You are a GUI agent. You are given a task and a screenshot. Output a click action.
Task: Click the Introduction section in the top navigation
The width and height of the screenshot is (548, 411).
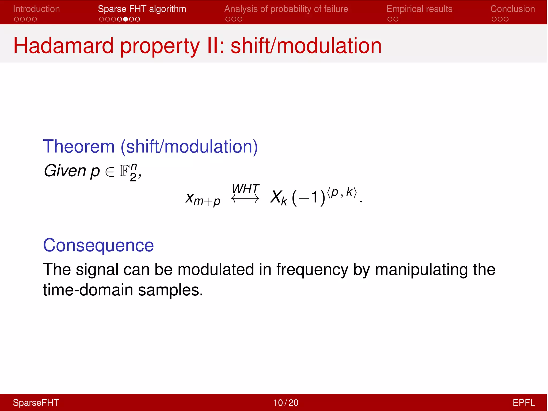tap(36, 9)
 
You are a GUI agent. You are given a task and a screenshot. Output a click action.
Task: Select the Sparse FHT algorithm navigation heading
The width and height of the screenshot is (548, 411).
tap(142, 9)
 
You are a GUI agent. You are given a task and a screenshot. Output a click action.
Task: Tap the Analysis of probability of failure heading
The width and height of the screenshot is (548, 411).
tap(286, 9)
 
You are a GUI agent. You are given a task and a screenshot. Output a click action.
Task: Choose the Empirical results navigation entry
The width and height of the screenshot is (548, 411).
tap(419, 9)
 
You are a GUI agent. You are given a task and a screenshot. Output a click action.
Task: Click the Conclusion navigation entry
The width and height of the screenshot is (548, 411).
tap(512, 9)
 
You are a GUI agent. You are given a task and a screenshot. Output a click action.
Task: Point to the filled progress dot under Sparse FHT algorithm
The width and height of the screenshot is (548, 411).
tap(125, 19)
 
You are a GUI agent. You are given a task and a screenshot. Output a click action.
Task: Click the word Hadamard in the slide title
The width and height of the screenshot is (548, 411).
tap(63, 46)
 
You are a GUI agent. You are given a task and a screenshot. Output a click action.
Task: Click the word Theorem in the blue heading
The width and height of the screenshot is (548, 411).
tap(79, 147)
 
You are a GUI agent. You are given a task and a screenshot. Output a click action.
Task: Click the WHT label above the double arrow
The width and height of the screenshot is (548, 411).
tap(245, 189)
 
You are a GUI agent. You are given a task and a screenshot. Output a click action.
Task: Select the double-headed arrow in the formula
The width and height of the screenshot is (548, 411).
tap(245, 199)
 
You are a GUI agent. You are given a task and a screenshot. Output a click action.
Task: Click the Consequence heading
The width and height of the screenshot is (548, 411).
tap(98, 245)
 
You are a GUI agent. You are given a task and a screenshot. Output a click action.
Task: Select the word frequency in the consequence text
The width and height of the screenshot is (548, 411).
tap(312, 269)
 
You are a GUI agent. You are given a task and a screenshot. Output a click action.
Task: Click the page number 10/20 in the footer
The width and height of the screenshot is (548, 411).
tap(286, 403)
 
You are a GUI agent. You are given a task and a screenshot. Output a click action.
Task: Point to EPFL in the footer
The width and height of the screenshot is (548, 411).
tap(523, 403)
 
